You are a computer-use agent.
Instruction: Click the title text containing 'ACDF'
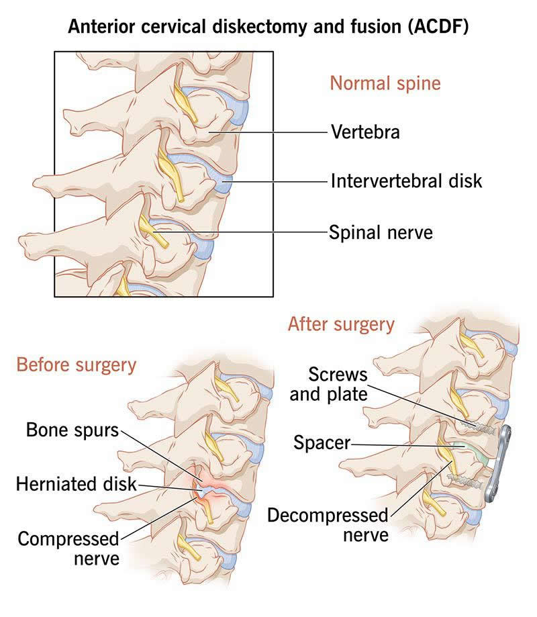coord(268,28)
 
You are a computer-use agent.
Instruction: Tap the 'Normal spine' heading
coord(385,84)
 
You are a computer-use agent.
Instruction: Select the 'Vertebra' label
coord(365,132)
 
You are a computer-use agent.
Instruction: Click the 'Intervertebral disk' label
coord(406,181)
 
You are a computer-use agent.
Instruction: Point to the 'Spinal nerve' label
coord(381,233)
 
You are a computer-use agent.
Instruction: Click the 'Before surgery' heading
coord(76,365)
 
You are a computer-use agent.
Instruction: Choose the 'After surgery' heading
coord(341,324)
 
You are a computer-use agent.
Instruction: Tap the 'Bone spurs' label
coord(72,430)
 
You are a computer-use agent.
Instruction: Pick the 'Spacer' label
coord(322,442)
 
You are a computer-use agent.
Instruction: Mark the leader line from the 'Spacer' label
coord(403,444)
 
